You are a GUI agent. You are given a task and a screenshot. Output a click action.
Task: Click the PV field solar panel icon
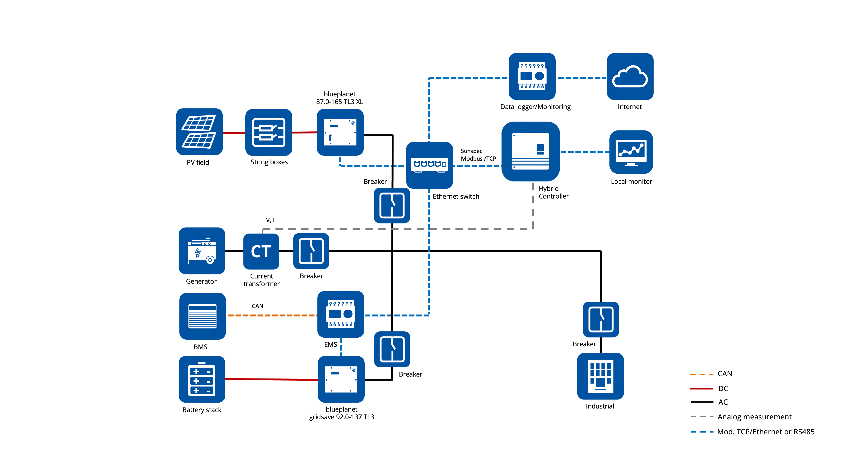(199, 132)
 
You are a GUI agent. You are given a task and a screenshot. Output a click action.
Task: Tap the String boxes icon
(269, 132)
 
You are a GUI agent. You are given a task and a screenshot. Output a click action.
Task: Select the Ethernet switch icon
(429, 165)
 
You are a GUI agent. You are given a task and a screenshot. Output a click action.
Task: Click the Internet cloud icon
(630, 76)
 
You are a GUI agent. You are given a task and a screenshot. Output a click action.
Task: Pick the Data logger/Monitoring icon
(532, 76)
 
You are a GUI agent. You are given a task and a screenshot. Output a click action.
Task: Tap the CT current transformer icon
(261, 251)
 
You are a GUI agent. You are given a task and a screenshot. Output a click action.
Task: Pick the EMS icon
(341, 314)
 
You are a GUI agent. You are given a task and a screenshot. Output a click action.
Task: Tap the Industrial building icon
(600, 376)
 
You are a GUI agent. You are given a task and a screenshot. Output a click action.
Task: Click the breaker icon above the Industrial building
(601, 319)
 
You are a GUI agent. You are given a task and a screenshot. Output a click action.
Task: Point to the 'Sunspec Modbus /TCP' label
(478, 155)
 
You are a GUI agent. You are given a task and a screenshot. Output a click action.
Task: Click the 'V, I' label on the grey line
(270, 220)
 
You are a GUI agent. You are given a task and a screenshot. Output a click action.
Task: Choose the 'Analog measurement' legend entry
(754, 417)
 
